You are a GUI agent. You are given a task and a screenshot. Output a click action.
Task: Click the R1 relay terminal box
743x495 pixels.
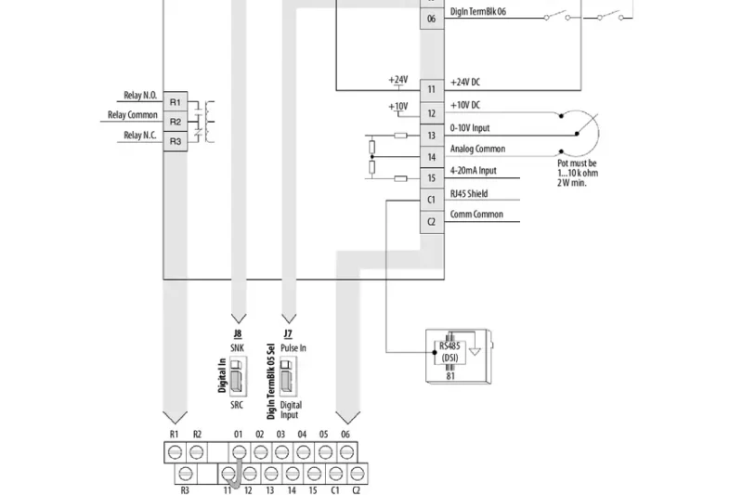click(x=176, y=100)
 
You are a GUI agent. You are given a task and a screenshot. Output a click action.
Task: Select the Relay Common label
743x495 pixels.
click(x=133, y=115)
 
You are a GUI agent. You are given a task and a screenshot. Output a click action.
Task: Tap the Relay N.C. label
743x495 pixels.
click(x=140, y=136)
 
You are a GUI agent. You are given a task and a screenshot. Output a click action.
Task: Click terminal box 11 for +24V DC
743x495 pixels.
click(x=431, y=89)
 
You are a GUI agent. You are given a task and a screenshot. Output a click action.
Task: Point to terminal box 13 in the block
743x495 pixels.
click(x=431, y=136)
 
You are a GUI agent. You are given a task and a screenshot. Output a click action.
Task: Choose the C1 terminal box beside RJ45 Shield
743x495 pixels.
click(x=431, y=200)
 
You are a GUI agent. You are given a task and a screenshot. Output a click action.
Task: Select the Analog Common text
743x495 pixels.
click(x=477, y=149)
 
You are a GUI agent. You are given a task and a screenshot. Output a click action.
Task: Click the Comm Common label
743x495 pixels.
click(x=476, y=215)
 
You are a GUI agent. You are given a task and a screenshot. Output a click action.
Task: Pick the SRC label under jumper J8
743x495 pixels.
click(x=238, y=406)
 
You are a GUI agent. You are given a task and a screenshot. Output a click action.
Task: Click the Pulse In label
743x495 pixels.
click(x=293, y=346)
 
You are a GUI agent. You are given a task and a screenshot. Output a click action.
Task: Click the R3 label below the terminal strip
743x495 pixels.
click(x=184, y=488)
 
